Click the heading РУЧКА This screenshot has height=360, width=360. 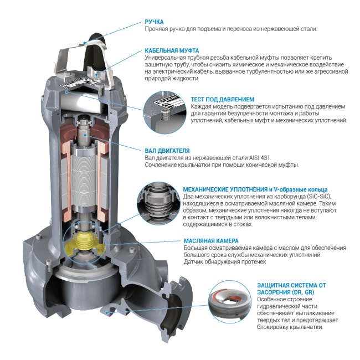point(154,22)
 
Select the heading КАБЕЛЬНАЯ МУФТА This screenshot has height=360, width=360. point(172,50)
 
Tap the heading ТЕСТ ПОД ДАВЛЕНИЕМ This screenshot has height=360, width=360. point(223,99)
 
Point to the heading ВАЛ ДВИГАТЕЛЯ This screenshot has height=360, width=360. point(167,151)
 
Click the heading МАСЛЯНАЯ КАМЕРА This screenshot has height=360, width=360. point(211,241)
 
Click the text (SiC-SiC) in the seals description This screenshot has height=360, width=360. point(319,197)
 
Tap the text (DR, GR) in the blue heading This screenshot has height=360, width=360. point(303,292)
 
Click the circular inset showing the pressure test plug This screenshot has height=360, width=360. point(165,112)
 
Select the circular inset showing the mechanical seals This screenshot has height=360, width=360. point(158,203)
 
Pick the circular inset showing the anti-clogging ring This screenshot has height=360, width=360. point(230,302)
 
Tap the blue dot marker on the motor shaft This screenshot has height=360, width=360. point(85,136)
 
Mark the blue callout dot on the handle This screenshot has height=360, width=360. point(85,43)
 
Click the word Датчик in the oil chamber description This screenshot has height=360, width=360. point(192,262)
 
